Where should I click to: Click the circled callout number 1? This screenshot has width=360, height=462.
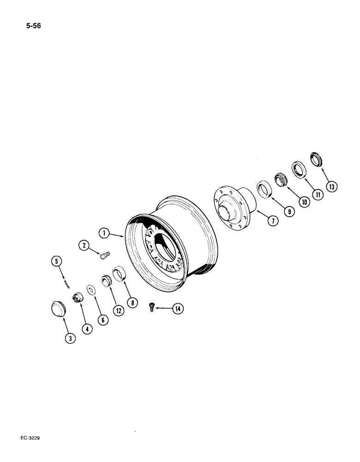click(x=105, y=233)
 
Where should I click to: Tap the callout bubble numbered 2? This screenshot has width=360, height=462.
click(x=84, y=245)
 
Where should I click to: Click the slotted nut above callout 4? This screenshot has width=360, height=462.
click(x=76, y=298)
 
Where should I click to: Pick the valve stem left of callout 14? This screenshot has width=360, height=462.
click(x=152, y=305)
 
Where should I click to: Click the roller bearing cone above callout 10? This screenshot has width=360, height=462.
click(x=281, y=178)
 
